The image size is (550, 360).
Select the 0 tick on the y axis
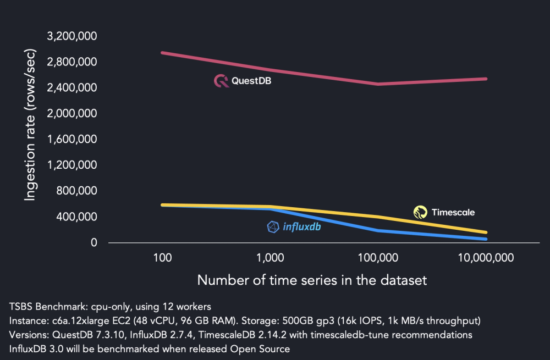point(94,242)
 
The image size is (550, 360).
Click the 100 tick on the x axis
point(162,257)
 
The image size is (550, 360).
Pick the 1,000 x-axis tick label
point(270,257)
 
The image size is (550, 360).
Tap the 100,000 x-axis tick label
point(379,257)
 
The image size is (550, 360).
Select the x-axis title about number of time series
point(312,280)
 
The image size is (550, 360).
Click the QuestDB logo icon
point(221,81)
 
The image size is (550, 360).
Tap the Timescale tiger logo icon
point(421,212)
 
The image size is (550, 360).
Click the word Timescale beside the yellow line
point(453,212)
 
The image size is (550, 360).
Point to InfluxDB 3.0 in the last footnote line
point(33,349)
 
